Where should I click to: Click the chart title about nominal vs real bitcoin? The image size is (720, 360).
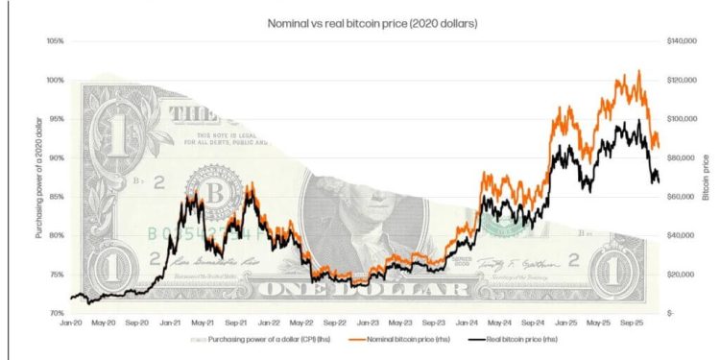point(359,21)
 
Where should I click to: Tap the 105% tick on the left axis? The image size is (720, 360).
point(54,41)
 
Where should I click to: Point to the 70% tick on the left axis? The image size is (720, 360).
point(56,313)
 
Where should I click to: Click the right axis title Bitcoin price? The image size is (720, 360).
point(706,177)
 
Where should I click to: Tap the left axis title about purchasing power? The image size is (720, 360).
point(38,178)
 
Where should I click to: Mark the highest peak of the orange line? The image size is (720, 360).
point(638,71)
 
